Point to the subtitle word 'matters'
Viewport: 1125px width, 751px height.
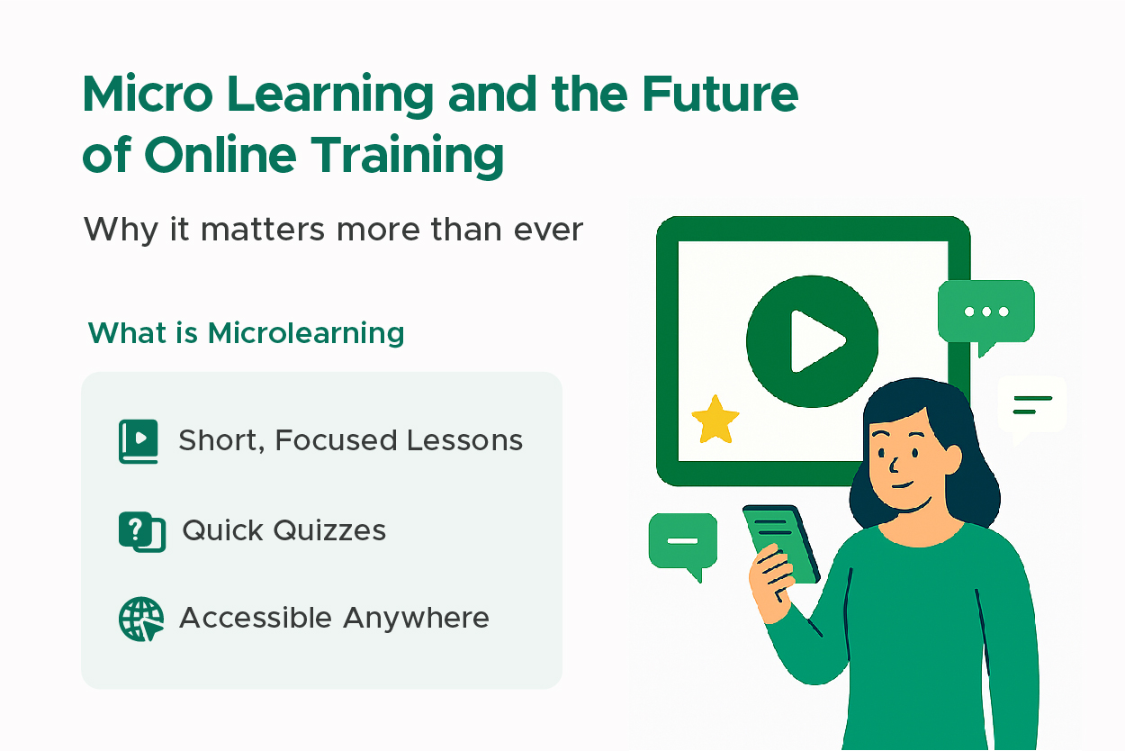coord(264,230)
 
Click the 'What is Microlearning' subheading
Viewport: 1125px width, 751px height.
coord(246,333)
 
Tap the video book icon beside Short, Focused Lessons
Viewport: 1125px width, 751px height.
coord(138,440)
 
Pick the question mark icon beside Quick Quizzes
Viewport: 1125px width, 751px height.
coord(140,530)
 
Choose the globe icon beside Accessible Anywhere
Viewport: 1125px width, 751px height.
coord(141,619)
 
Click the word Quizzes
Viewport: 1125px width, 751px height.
coord(330,530)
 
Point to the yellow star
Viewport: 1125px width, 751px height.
coord(715,420)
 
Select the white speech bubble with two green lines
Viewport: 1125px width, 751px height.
coord(1031,405)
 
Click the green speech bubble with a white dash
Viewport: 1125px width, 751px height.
coord(683,541)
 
